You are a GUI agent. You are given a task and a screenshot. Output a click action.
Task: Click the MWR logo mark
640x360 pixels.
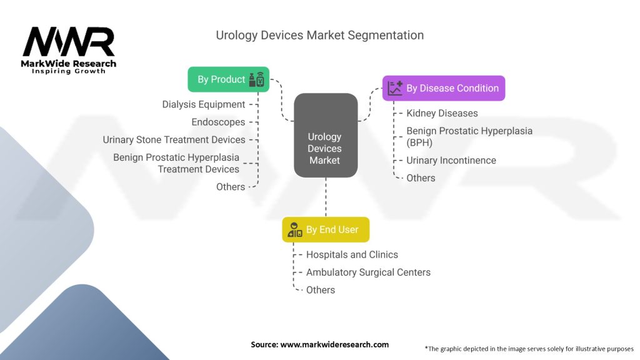pos(69,42)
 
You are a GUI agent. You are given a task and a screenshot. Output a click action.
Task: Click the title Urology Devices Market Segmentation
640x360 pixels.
pos(319,35)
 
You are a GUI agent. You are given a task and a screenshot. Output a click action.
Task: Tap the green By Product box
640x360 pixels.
pos(229,79)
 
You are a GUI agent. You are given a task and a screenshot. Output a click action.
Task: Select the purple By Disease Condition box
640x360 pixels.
pos(444,88)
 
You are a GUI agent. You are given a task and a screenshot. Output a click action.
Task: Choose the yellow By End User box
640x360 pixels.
pos(326,229)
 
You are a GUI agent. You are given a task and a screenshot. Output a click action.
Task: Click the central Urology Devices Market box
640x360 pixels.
pos(326,136)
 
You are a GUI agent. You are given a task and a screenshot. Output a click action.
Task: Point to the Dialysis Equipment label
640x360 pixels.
pos(204,104)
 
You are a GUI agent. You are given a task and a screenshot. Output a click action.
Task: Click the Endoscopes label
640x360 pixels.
pos(218,122)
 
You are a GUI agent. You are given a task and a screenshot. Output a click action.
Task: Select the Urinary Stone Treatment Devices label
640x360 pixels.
pos(174,139)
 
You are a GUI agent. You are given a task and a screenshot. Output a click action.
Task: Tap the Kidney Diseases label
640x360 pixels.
pos(442,113)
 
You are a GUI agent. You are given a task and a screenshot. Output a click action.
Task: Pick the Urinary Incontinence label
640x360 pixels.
pos(451,161)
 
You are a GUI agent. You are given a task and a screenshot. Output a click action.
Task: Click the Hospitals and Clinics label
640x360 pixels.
pos(352,255)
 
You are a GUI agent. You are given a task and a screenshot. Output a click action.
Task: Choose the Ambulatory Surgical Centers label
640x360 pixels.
pos(368,272)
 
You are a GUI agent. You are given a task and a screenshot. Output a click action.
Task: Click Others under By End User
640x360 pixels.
pos(321,290)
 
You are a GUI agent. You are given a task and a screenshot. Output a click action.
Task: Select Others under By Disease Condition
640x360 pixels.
pos(421,178)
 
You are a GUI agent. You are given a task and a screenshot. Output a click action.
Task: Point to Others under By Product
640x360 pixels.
pos(231,187)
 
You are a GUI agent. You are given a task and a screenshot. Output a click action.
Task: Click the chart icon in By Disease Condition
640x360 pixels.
pos(395,88)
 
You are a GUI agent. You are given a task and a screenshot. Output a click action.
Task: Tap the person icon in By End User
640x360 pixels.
pos(295,230)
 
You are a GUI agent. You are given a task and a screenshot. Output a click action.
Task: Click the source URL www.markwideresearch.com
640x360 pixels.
pos(334,344)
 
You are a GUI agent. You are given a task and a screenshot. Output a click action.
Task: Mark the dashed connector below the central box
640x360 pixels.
pos(326,197)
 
